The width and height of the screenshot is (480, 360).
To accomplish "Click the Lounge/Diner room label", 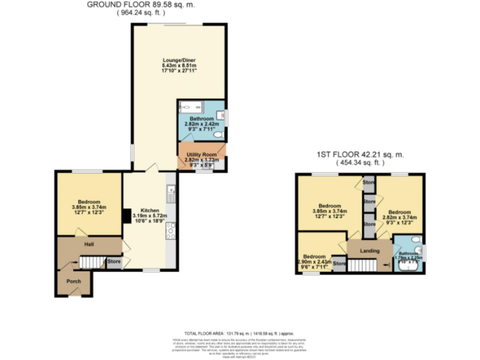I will [x=179, y=61].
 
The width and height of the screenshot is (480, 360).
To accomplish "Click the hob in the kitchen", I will [x=171, y=231].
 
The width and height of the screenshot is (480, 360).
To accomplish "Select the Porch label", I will [x=74, y=281].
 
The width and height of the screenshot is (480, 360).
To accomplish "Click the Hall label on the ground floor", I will [x=88, y=244].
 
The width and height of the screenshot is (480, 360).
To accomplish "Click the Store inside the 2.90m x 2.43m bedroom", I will [x=339, y=264].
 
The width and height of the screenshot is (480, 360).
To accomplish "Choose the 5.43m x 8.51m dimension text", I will [x=179, y=66].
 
